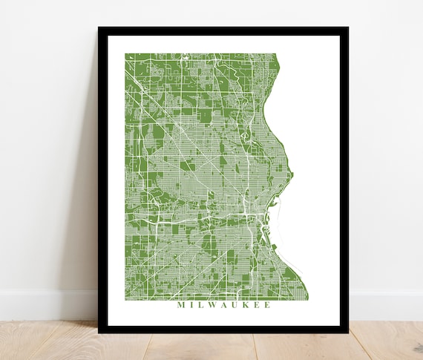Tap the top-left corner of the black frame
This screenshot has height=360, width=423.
[99, 28]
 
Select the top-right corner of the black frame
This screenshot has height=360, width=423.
[347, 28]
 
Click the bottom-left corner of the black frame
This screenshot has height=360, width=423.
[99, 332]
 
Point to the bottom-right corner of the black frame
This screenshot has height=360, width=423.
[347, 332]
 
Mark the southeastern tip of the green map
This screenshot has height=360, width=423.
[307, 299]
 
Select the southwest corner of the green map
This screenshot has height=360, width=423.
[125, 299]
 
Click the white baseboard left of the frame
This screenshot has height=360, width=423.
[45, 304]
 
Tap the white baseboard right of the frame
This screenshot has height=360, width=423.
[386, 304]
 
